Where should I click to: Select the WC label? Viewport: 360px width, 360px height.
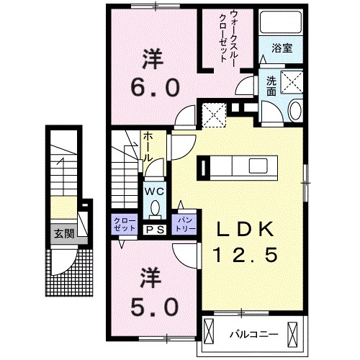coord(155,192)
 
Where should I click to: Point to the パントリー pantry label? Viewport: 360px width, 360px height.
coord(184,224)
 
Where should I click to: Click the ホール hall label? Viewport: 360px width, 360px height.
coord(147,146)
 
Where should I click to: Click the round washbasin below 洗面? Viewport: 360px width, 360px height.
coord(295,111)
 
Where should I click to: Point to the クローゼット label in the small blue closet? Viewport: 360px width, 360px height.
coord(122,224)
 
